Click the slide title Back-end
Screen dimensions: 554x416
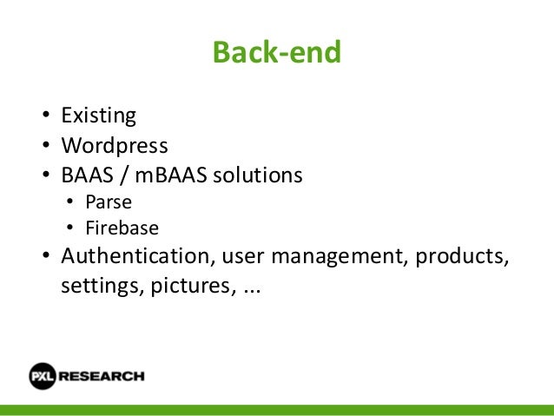tap(277, 54)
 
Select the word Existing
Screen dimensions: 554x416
tap(99, 116)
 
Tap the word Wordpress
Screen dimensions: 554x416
tap(114, 145)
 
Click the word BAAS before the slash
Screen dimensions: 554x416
tap(85, 175)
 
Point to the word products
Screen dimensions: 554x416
tap(460, 259)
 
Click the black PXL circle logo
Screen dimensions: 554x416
tap(43, 376)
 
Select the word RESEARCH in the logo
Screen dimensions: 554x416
tap(103, 376)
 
